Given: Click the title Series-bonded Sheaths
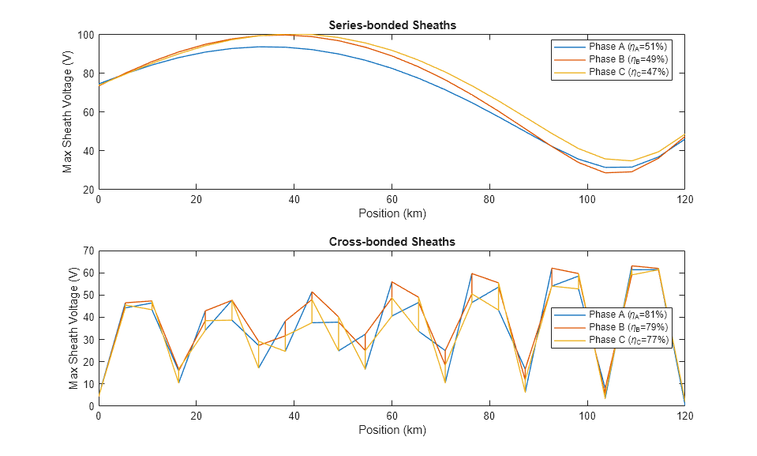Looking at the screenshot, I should pyautogui.click(x=392, y=25).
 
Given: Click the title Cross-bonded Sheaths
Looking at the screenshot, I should pyautogui.click(x=392, y=241).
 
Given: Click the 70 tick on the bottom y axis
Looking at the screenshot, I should pyautogui.click(x=88, y=251).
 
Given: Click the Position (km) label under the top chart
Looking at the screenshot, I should pyautogui.click(x=392, y=213).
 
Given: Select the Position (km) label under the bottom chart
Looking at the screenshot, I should pyautogui.click(x=392, y=430).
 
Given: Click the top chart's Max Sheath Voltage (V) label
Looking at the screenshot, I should pyautogui.click(x=68, y=112).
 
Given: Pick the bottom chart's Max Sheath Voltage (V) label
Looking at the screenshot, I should pyautogui.click(x=73, y=328).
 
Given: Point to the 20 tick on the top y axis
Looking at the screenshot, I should pyautogui.click(x=88, y=190).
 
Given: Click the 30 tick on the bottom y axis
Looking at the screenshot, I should pyautogui.click(x=88, y=339).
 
